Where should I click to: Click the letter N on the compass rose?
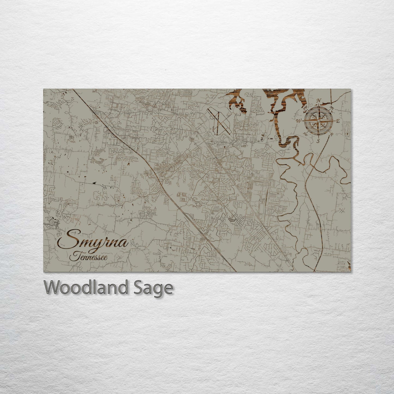tap(319, 100)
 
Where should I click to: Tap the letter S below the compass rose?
tap(318, 141)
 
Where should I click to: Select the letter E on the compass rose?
tap(338, 121)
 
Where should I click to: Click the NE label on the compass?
tap(332, 108)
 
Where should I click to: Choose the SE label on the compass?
tap(332, 134)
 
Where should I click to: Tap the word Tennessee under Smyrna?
tap(88, 257)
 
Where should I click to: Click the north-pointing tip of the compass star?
tap(318, 104)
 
